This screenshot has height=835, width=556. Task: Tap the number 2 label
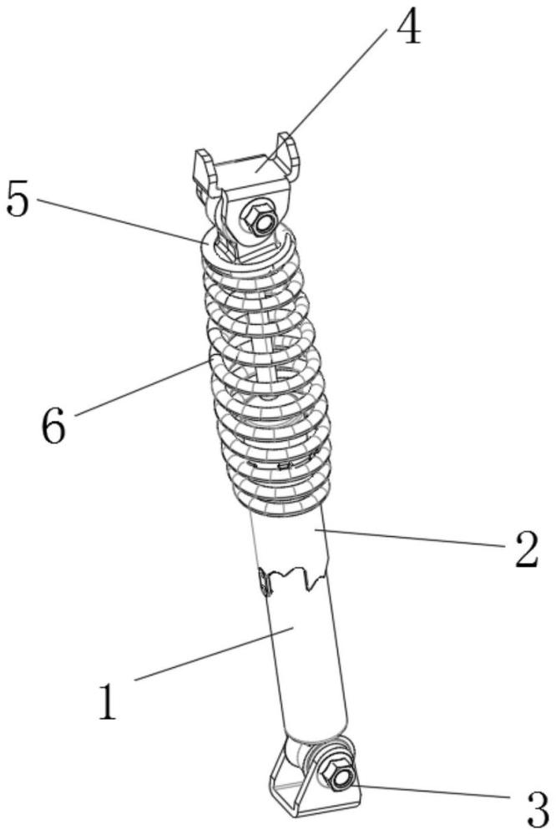tap(526, 550)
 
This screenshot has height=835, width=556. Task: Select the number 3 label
tap(534, 807)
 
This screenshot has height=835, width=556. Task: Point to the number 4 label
tap(407, 28)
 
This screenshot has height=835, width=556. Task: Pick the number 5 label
tap(18, 199)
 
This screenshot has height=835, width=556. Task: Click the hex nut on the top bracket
tap(255, 220)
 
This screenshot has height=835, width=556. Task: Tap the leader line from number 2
tap(409, 539)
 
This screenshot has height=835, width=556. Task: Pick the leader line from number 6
tap(139, 387)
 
